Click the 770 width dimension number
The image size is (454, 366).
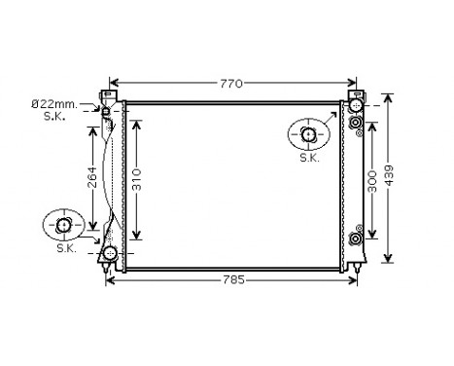(x=229, y=84)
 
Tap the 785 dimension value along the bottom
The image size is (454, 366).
(x=229, y=280)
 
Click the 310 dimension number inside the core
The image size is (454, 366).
(x=138, y=180)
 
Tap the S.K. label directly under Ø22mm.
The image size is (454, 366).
(x=54, y=116)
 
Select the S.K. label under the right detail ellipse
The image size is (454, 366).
(x=309, y=157)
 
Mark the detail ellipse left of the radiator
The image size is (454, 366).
(x=64, y=226)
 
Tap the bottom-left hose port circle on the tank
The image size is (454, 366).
(x=110, y=255)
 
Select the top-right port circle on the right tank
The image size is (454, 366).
(x=356, y=104)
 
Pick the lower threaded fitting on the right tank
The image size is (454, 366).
(x=356, y=238)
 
